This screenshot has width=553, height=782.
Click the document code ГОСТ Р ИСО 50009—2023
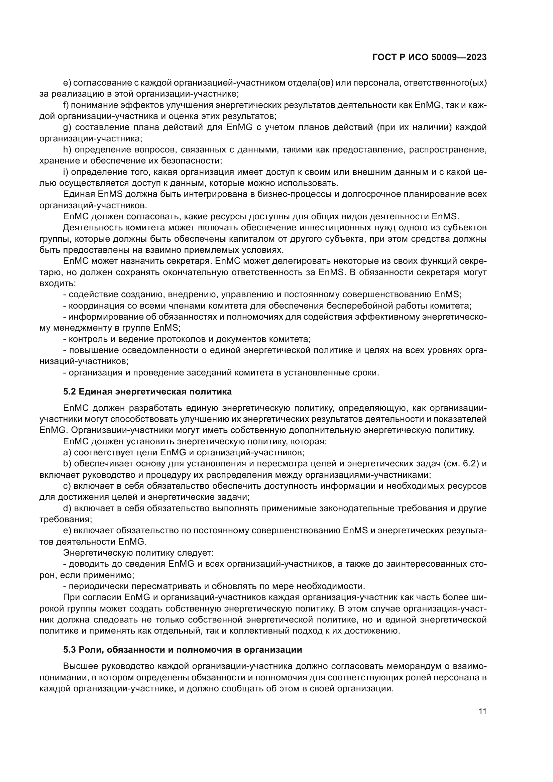[429, 58]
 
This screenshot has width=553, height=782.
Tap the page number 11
[482, 711]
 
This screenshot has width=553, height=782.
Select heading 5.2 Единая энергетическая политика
[147, 392]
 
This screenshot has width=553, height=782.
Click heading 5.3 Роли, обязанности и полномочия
[183, 650]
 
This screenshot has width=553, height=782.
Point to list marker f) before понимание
[66, 105]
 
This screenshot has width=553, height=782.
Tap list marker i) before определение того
[66, 172]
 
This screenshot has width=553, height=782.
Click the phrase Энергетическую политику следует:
[138, 553]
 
